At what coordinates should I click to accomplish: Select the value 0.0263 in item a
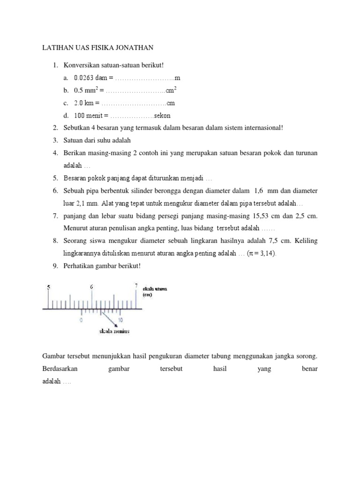[84, 77]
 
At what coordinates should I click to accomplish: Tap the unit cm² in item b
[171, 90]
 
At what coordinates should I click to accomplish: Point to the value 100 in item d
[79, 115]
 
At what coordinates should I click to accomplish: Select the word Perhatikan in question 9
[79, 266]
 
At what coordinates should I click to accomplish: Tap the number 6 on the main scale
[92, 286]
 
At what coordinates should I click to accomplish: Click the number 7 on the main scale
[136, 285]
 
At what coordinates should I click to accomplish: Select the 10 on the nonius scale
[120, 320]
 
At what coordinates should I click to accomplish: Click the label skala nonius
[114, 331]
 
